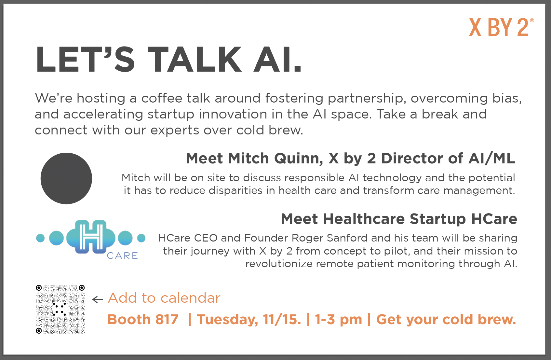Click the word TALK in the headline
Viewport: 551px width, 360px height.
195,60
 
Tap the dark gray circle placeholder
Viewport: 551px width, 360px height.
66,178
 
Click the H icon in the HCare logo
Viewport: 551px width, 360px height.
91,237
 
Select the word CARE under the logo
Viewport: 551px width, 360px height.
122,256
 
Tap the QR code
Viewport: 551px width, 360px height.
60,309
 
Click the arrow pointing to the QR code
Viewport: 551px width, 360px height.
97,299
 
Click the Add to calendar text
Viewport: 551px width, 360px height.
164,298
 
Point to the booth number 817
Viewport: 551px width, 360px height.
167,319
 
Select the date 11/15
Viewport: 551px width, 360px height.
282,319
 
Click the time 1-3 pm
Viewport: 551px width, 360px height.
339,320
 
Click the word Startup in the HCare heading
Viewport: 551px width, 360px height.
438,219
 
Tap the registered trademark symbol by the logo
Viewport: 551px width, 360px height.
532,21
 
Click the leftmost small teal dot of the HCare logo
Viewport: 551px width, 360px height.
40,238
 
